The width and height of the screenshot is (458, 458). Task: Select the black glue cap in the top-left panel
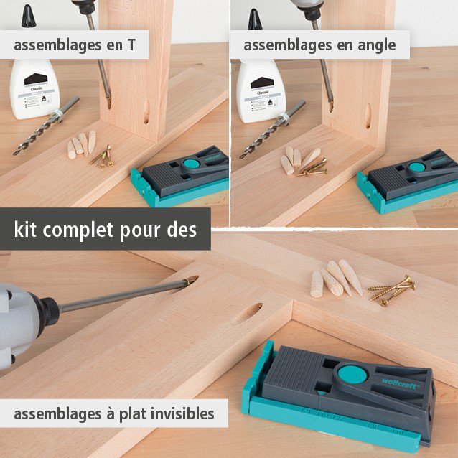[28, 14]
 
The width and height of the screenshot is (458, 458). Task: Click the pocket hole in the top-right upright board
[369, 115]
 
